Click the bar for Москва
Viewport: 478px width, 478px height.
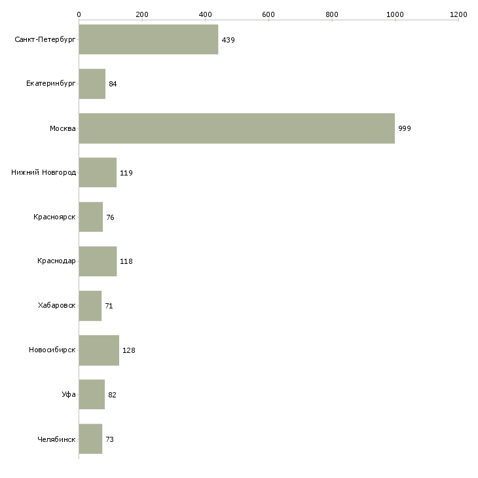(236, 128)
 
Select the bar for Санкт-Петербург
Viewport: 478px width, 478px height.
(148, 39)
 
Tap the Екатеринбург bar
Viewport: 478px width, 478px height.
(92, 84)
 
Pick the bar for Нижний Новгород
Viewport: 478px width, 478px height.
(98, 173)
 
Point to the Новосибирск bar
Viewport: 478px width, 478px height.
(99, 350)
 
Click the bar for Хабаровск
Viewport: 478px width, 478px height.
(90, 306)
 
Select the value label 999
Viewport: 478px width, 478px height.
(405, 128)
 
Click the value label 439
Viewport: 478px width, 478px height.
(228, 40)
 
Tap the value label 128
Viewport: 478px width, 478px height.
(128, 350)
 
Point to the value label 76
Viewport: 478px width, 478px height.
(110, 217)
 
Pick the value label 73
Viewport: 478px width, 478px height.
(109, 439)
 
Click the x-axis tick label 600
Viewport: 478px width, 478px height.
(268, 14)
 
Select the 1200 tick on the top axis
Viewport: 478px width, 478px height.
(458, 14)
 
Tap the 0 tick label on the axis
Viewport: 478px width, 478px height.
(79, 14)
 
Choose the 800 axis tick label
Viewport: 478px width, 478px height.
(332, 14)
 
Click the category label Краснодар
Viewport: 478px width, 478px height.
(56, 261)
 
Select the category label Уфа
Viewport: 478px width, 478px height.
(69, 395)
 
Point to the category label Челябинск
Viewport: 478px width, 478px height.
(56, 439)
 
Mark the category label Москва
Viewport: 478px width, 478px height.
(63, 128)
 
